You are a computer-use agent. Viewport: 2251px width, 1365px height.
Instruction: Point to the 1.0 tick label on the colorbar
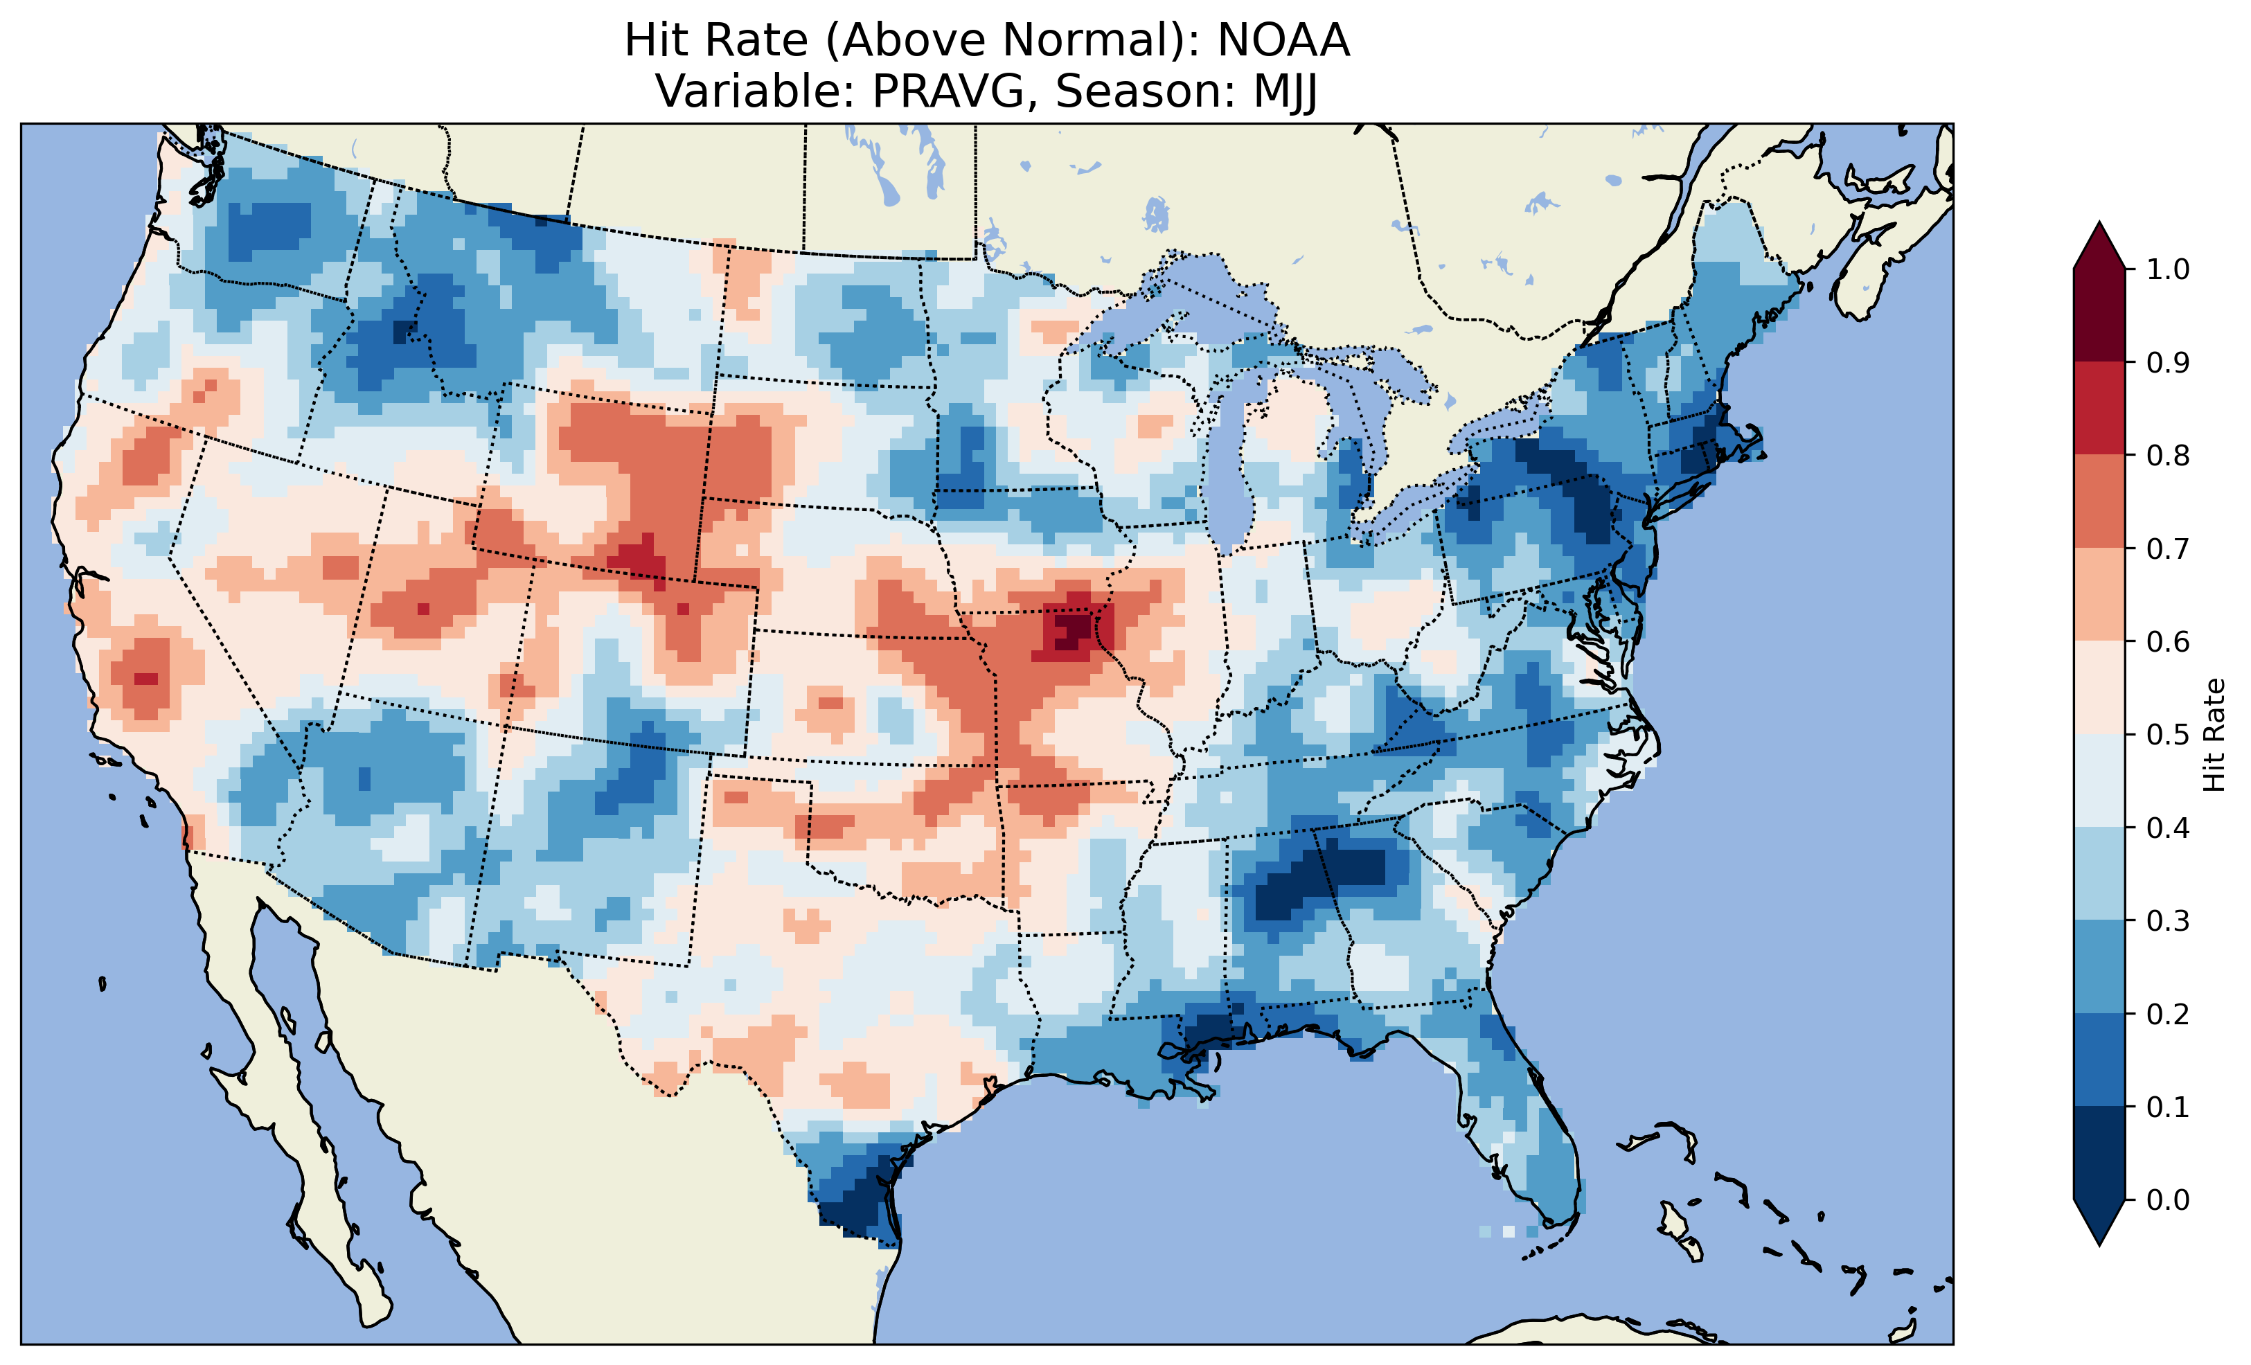coord(2168,269)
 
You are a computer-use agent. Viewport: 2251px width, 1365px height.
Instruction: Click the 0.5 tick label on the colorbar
coord(2168,735)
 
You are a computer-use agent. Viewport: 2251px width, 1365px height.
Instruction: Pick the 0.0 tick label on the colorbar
coord(2168,1199)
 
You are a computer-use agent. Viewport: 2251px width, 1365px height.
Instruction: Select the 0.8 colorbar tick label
coord(2168,455)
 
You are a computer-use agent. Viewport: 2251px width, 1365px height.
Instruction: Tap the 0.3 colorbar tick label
coord(2168,921)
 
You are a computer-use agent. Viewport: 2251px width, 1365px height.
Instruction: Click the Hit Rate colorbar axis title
coord(2214,735)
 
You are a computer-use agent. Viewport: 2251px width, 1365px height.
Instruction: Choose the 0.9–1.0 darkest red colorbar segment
coord(2099,315)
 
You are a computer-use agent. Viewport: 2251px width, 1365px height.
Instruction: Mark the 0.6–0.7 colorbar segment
coord(2099,594)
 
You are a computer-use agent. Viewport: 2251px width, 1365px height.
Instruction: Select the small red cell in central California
coord(145,679)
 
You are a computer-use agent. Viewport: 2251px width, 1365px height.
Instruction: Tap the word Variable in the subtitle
coord(754,91)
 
